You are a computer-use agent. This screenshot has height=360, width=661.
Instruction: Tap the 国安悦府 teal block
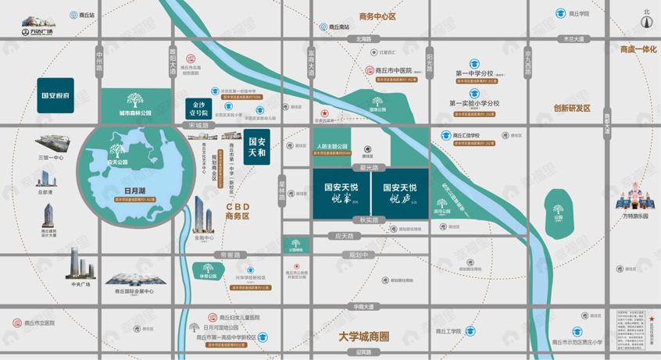pos(55,95)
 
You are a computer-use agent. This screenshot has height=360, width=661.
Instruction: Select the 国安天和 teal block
pos(257,147)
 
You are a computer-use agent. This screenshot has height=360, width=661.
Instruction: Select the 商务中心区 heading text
pos(377,16)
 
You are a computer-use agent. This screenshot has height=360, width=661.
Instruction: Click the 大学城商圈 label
pos(364,337)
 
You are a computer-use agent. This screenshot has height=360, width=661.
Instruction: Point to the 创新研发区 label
pos(572,109)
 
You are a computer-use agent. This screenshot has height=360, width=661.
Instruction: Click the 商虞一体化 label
pos(638,49)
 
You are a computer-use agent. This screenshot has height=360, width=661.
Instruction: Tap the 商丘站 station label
pos(83,15)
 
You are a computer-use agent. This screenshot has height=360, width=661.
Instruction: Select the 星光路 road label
pos(369,168)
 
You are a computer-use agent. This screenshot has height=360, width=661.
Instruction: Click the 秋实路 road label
pos(369,220)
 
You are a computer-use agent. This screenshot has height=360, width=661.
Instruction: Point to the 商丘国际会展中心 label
pos(134,291)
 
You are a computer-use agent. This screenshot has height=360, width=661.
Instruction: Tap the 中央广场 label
pos(81,284)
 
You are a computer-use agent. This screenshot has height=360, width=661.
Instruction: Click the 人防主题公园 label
pos(332,147)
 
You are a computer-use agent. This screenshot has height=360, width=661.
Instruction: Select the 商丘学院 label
pos(579,14)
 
